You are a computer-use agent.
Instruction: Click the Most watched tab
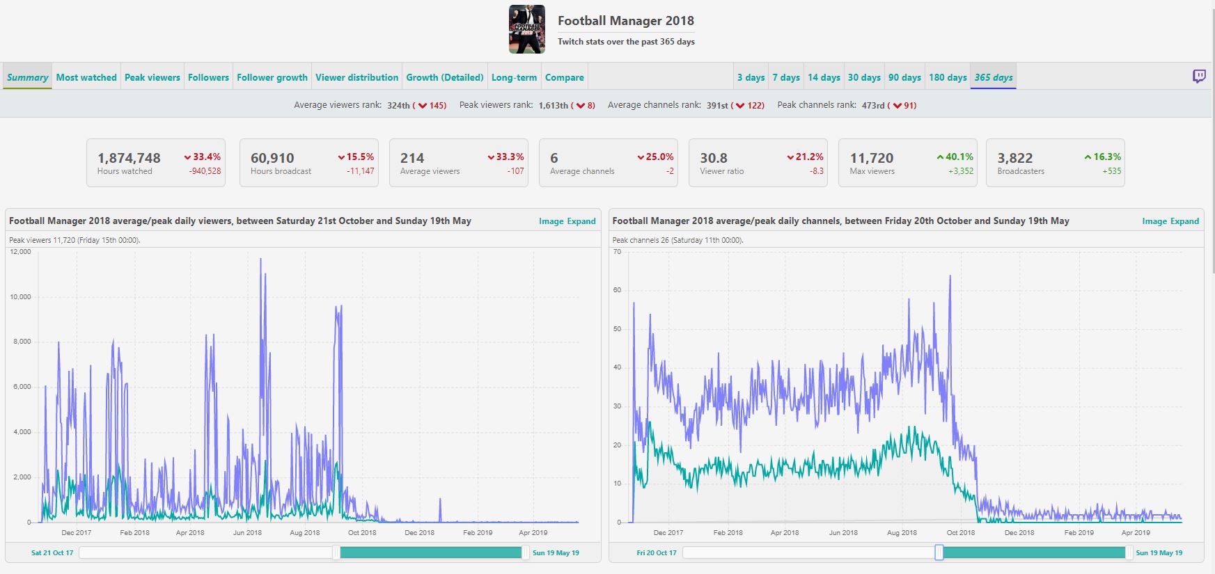pyautogui.click(x=86, y=77)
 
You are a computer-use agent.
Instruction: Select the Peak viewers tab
pyautogui.click(x=152, y=77)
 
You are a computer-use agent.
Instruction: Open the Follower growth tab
pyautogui.click(x=272, y=77)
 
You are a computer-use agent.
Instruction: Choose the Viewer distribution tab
pyautogui.click(x=357, y=77)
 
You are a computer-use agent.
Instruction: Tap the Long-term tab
pyautogui.click(x=514, y=77)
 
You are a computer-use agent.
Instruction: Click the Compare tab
pyautogui.click(x=565, y=77)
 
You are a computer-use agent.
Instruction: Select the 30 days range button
pyautogui.click(x=864, y=77)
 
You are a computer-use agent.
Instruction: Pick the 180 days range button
pyautogui.click(x=948, y=77)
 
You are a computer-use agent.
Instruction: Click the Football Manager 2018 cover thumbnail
pyautogui.click(x=527, y=29)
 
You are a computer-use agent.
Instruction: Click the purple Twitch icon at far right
pyautogui.click(x=1199, y=77)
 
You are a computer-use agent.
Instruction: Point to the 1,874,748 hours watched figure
pyautogui.click(x=129, y=158)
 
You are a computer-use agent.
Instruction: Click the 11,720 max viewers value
pyautogui.click(x=872, y=158)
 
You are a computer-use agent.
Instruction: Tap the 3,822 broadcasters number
pyautogui.click(x=1015, y=158)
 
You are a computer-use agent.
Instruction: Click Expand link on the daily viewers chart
pyautogui.click(x=581, y=221)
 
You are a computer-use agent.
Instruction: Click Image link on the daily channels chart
pyautogui.click(x=1154, y=221)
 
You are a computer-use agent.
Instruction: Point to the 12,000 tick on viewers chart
pyautogui.click(x=21, y=252)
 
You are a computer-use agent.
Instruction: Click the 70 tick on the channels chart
pyautogui.click(x=617, y=252)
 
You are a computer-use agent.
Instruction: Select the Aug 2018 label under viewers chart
pyautogui.click(x=305, y=532)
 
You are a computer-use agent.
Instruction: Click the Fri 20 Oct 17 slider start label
pyautogui.click(x=657, y=553)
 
